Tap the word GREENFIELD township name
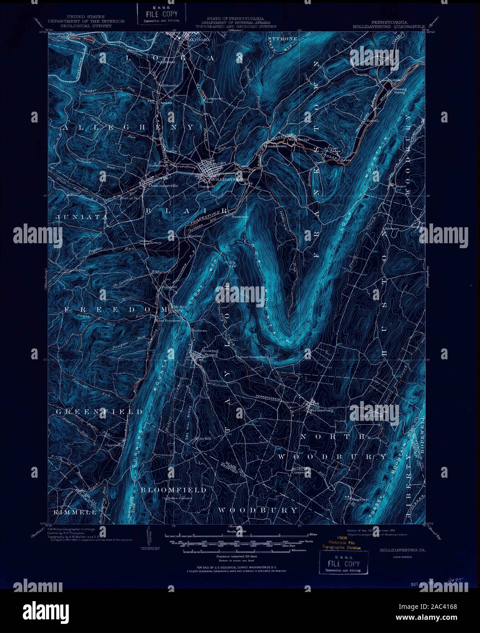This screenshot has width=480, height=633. pos(100,412)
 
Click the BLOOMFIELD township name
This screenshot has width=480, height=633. pos(173,490)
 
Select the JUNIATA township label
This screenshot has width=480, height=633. pos(82,218)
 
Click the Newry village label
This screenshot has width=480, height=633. pos(155,243)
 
